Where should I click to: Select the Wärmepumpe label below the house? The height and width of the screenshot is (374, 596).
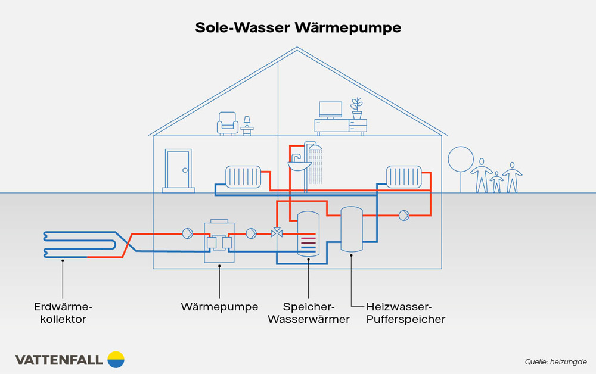(x=219, y=307)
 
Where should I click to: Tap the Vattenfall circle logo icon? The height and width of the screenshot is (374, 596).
(x=116, y=359)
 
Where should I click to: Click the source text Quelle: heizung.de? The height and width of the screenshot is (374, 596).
(x=555, y=361)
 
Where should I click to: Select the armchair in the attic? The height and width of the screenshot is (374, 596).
(x=228, y=123)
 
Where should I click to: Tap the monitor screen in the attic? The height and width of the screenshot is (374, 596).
(x=330, y=109)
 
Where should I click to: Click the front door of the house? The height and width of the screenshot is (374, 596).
(x=178, y=171)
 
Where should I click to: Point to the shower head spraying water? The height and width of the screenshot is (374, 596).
(x=315, y=148)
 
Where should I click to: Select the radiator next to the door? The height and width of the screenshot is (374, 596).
(x=243, y=176)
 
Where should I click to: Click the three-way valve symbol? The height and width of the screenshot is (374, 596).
(x=277, y=233)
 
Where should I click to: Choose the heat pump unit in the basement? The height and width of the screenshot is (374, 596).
(x=219, y=242)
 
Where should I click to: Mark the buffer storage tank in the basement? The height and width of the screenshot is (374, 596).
(x=351, y=229)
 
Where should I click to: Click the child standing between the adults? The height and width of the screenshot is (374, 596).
(x=496, y=182)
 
